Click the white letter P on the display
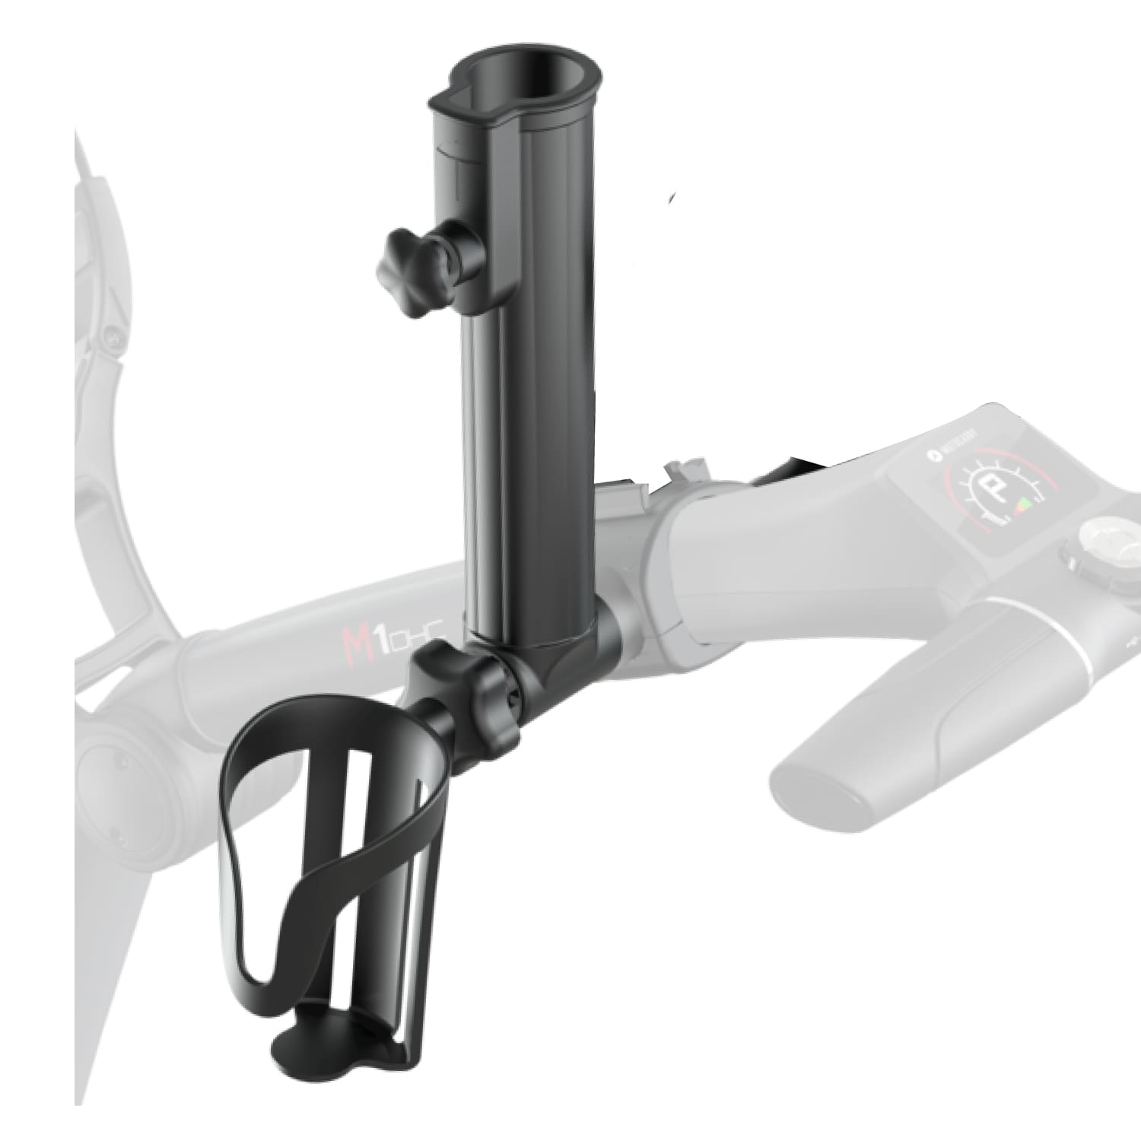[x=991, y=491]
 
